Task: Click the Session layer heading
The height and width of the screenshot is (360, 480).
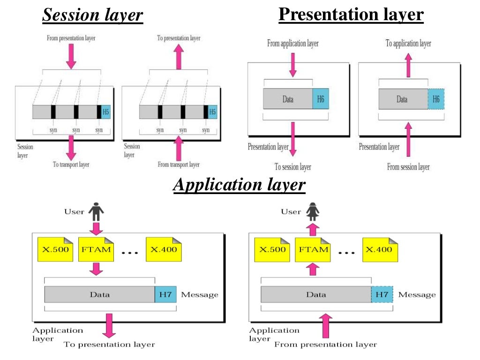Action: click(92, 15)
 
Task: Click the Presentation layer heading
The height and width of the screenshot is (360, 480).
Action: click(351, 15)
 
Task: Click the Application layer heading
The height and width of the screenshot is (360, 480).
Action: click(239, 185)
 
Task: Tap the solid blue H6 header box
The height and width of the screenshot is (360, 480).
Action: click(321, 99)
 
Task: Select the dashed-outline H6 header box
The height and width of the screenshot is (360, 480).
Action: click(436, 99)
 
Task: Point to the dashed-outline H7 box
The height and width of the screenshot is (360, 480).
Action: click(382, 294)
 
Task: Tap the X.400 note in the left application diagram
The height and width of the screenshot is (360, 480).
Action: click(164, 249)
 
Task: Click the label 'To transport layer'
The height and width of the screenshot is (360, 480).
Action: click(71, 165)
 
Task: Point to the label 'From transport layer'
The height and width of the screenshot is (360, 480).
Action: click(178, 165)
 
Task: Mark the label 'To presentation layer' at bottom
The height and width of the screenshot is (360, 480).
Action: click(109, 345)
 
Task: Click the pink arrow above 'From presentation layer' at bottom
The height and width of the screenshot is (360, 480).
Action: click(326, 326)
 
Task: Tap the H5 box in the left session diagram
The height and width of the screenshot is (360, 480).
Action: click(105, 112)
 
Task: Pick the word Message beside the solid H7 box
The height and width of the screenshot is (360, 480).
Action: click(200, 295)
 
